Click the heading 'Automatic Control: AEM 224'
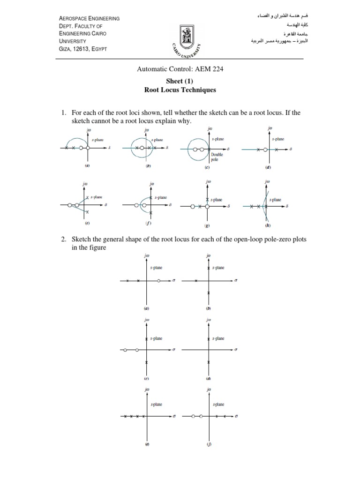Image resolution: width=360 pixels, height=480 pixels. click(180, 69)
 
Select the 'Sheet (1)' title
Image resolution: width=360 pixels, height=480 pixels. click(180, 81)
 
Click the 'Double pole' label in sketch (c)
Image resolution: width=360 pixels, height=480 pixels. click(217, 157)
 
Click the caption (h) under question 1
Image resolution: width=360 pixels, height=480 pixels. click(268, 225)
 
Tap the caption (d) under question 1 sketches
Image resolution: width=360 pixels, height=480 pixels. click(268, 167)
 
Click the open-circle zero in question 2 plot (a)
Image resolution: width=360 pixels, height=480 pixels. click(159, 281)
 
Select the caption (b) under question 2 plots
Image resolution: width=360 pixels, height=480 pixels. click(209, 309)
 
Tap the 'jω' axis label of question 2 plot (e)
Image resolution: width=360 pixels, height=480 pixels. click(147, 390)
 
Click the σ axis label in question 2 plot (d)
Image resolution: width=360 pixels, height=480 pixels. click(235, 350)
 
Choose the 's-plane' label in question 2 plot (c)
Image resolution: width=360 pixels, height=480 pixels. click(156, 338)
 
